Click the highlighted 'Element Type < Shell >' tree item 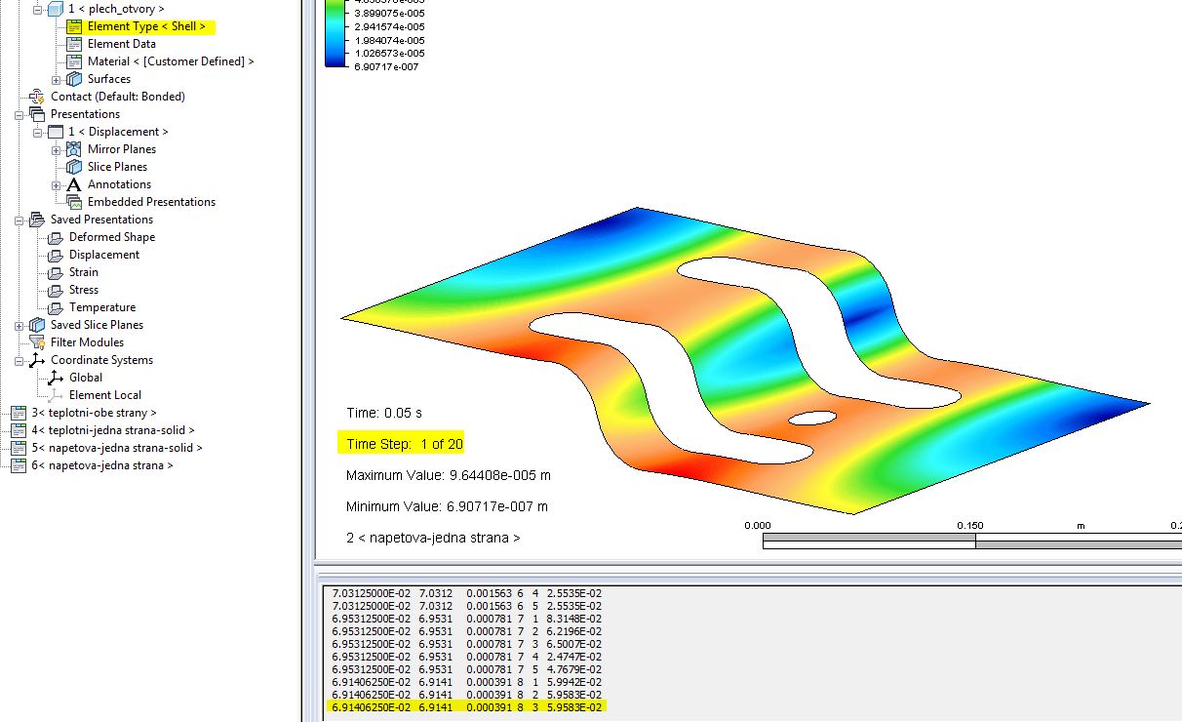146,26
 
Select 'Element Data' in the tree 121,44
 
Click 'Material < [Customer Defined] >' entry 170,61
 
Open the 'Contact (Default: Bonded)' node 117,97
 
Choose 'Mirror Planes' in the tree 121,149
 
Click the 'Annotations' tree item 119,184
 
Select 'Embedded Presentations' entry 151,202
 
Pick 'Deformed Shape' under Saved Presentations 111,237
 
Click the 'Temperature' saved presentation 101,307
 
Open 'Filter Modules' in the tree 87,342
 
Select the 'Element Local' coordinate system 104,395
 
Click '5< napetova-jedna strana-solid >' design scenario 116,448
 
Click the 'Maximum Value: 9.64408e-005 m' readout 448,475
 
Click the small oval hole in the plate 812,419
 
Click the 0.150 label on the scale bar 969,526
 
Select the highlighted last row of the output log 466,705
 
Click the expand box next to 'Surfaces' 57,79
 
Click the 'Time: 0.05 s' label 383,413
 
